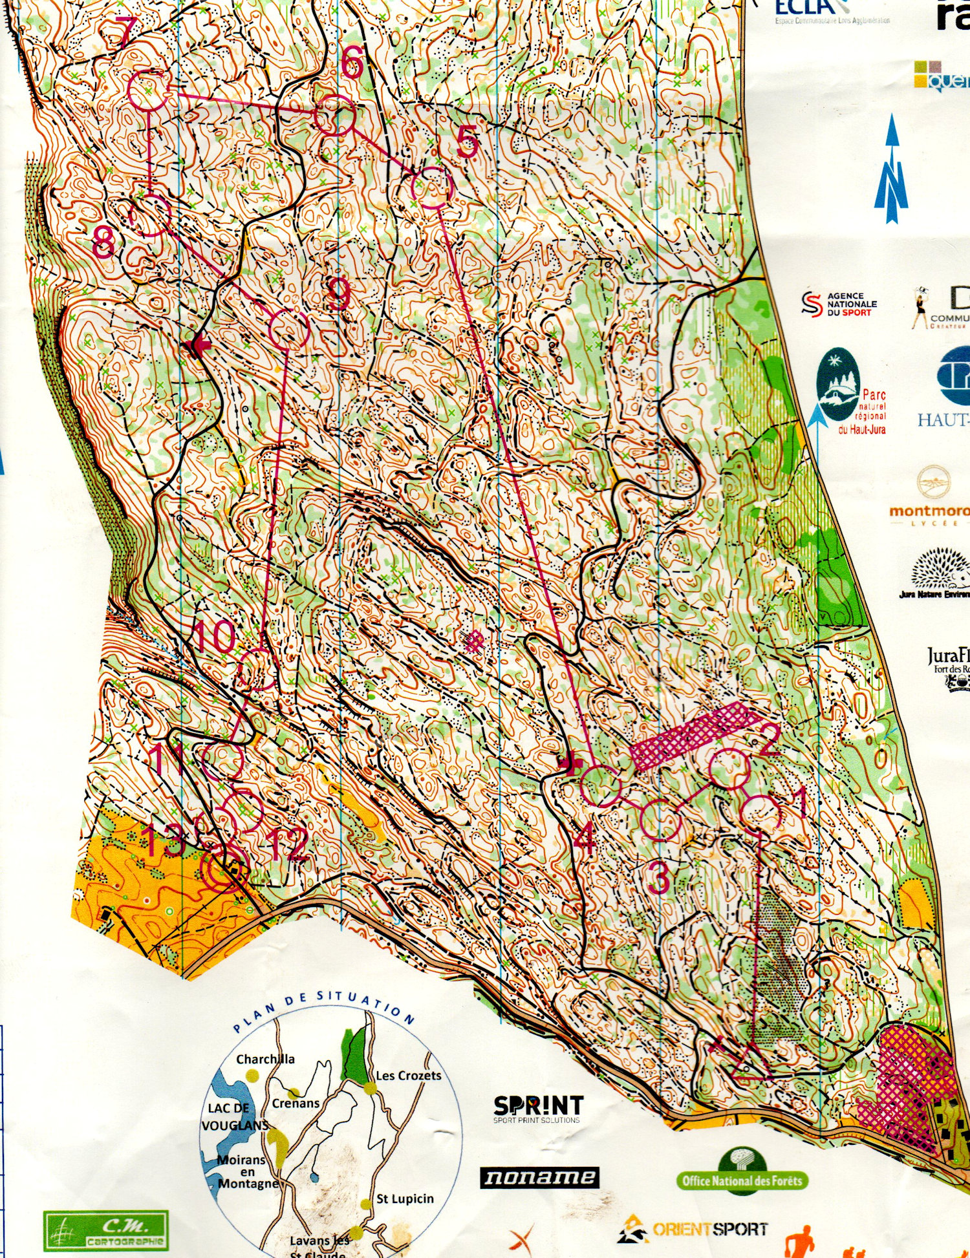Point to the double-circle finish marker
pyautogui.click(x=224, y=873)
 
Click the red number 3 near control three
pyautogui.click(x=659, y=877)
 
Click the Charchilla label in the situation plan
pyautogui.click(x=265, y=1059)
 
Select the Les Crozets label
pyautogui.click(x=409, y=1076)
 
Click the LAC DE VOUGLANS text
pyautogui.click(x=234, y=1116)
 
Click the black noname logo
pyautogui.click(x=539, y=1177)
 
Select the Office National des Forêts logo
pyautogui.click(x=742, y=1180)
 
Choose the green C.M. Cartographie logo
pyautogui.click(x=105, y=1230)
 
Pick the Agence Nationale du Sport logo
pyautogui.click(x=839, y=304)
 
